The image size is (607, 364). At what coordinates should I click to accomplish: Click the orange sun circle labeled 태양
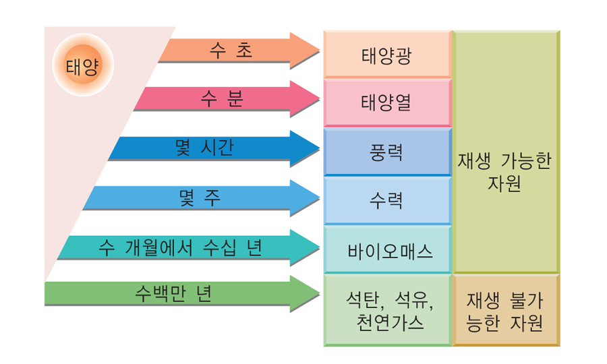pos(81,67)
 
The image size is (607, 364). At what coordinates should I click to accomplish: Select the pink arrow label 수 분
pos(222,99)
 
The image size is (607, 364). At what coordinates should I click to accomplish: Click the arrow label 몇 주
pos(200,198)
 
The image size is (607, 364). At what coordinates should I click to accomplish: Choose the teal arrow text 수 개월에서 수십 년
pos(180,247)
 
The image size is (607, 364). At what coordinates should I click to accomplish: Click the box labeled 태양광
pos(386,55)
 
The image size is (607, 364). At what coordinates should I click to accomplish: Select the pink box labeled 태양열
pos(386,103)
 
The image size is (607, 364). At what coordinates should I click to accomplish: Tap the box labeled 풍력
pos(386,152)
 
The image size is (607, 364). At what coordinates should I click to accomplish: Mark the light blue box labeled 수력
pos(386,201)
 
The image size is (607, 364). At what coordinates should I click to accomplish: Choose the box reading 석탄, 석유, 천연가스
pos(386,310)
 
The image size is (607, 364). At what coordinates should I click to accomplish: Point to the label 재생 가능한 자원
pos(504,173)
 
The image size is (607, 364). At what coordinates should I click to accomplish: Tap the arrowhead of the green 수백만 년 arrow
pos(305,294)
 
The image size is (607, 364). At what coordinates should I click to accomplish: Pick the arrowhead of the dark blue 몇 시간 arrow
pos(305,148)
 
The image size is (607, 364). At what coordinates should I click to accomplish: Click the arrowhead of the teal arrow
pos(305,247)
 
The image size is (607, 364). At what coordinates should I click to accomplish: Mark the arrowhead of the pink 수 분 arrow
pos(305,99)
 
